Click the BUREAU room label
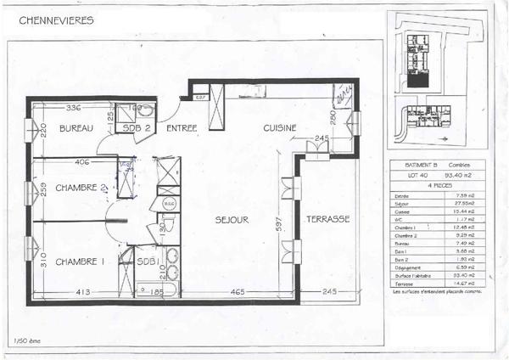[75, 128]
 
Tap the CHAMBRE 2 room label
[81, 188]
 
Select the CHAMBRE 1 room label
[79, 262]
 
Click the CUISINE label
[279, 128]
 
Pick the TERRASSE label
[327, 219]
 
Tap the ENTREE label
[182, 128]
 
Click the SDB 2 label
[137, 128]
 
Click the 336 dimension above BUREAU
[73, 108]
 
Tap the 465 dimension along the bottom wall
[238, 292]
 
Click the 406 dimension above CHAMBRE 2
[82, 161]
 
